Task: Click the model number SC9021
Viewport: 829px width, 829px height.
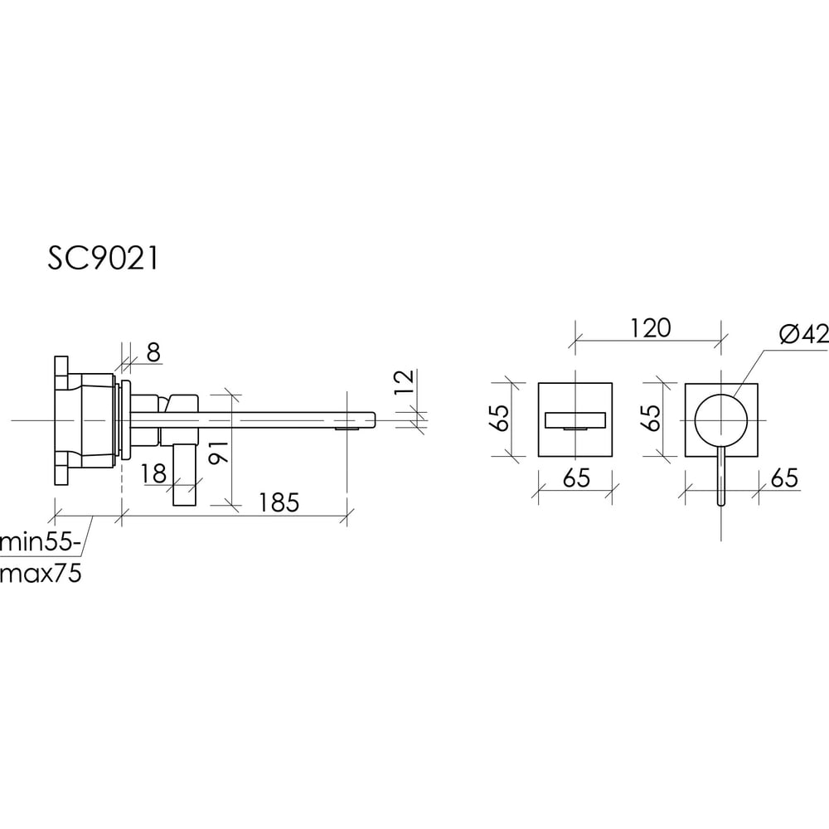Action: coord(103,259)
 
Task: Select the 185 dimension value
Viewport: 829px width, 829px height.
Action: coord(279,502)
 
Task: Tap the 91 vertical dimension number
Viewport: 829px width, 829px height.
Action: coord(219,452)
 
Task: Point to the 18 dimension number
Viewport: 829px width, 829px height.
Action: coord(154,473)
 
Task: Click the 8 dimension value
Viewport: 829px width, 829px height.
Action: coord(153,352)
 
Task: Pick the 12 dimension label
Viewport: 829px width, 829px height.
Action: coord(405,381)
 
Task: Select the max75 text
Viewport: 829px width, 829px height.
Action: coord(41,573)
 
